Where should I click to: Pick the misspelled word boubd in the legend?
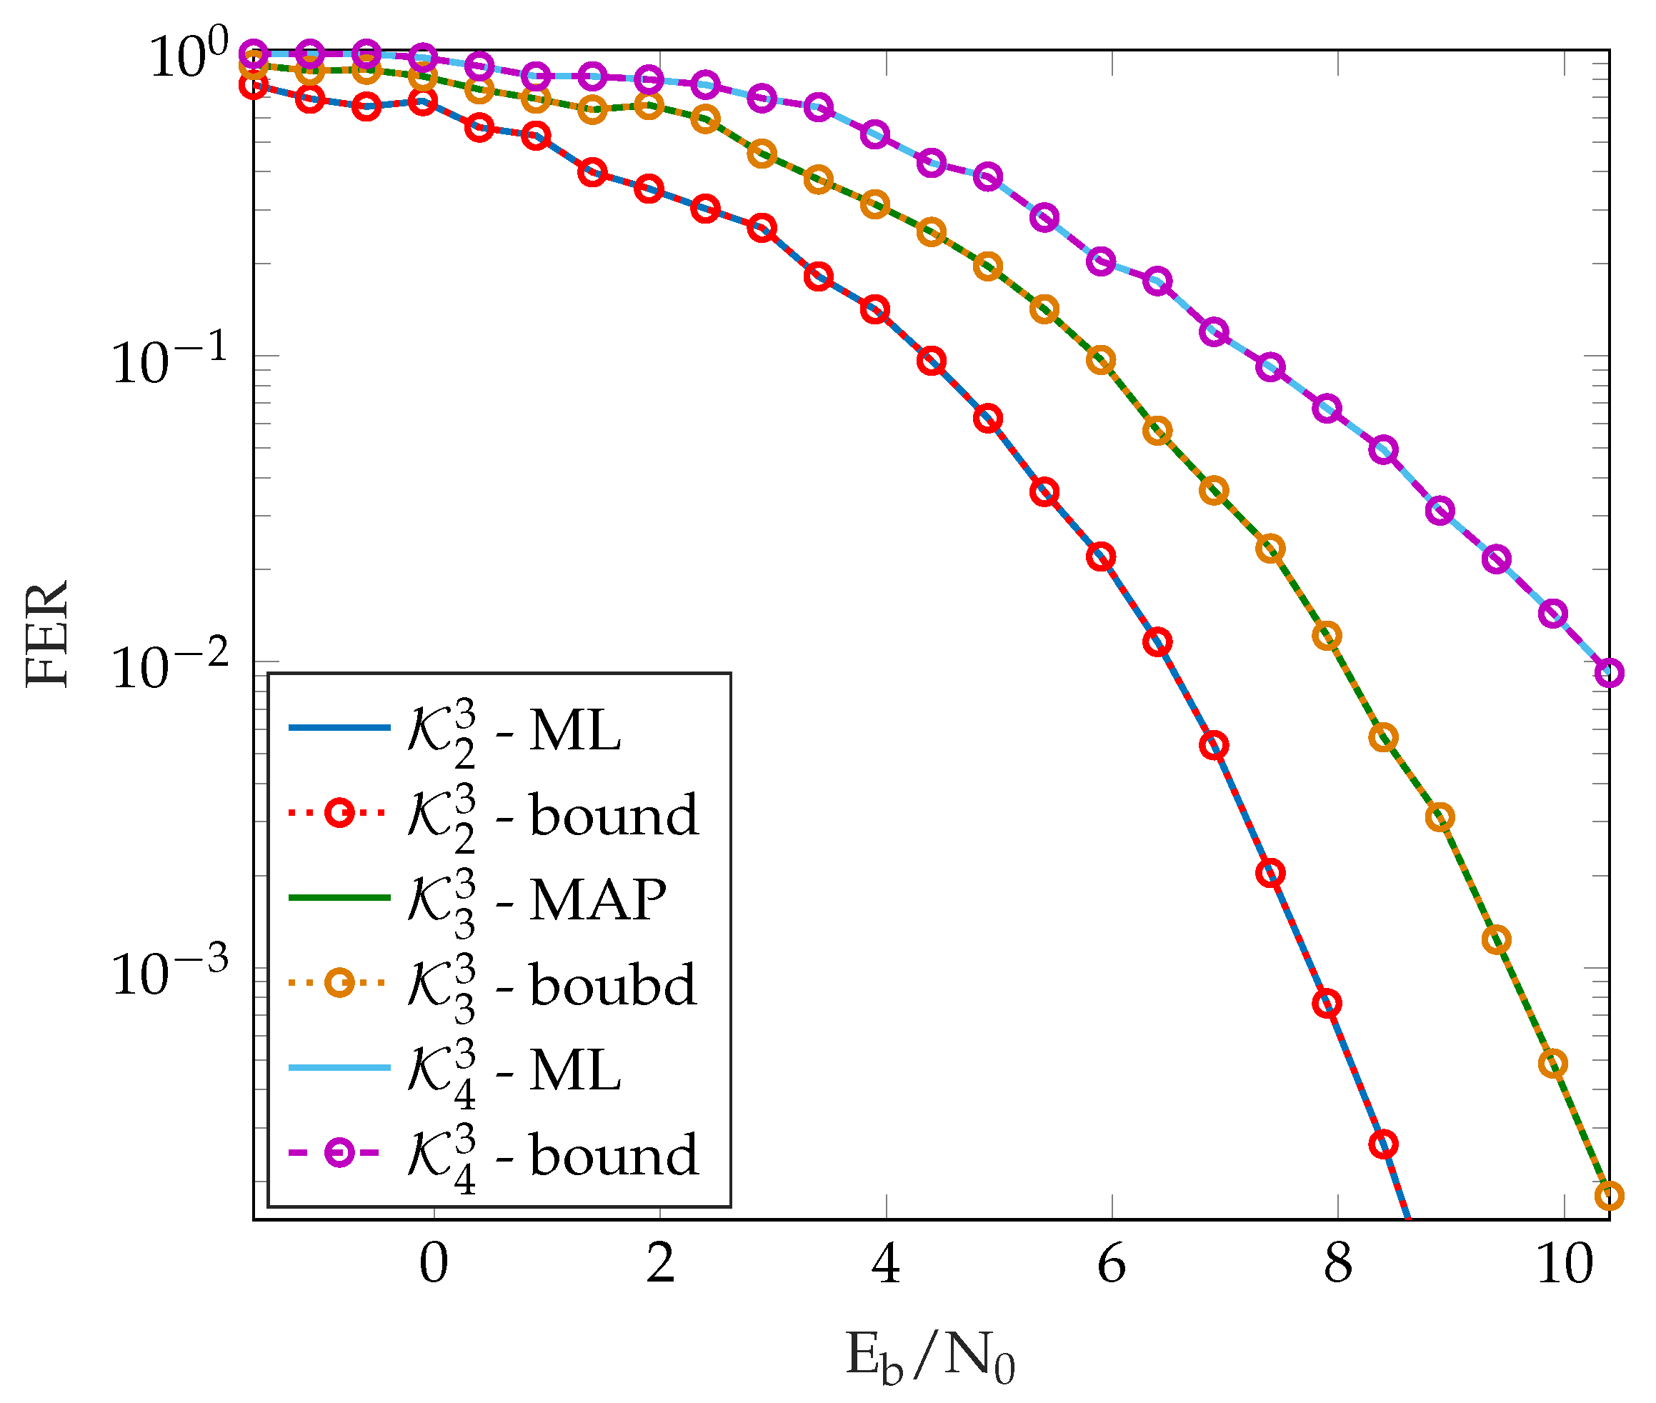coord(612,984)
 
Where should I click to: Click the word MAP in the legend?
coord(597,899)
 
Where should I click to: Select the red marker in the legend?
coord(339,813)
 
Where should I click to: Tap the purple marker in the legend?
coord(339,1152)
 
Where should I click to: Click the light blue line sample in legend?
coord(339,1067)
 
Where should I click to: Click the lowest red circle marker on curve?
coord(1384,1144)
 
